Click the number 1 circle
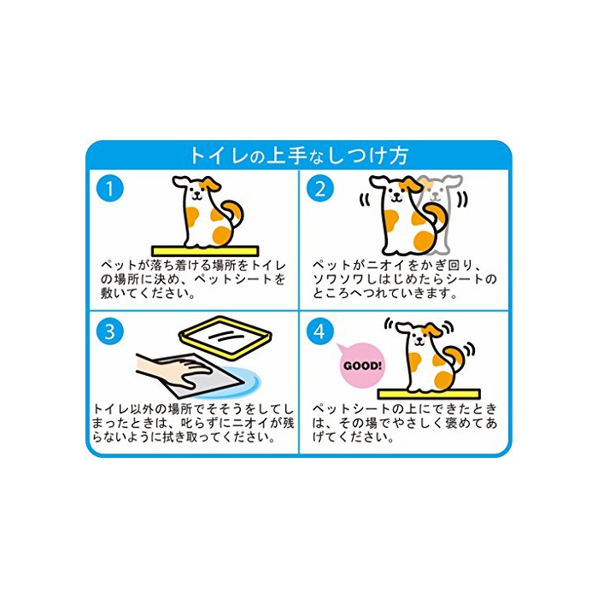pyautogui.click(x=110, y=189)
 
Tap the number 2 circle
pyautogui.click(x=320, y=189)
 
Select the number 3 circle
pyautogui.click(x=110, y=331)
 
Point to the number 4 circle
pyautogui.click(x=320, y=331)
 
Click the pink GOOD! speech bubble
pyautogui.click(x=361, y=366)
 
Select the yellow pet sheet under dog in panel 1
pyautogui.click(x=205, y=251)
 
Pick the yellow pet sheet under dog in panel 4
pyautogui.click(x=429, y=394)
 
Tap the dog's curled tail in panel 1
pyautogui.click(x=232, y=214)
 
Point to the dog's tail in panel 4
pyautogui.click(x=455, y=357)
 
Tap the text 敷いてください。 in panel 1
pyautogui.click(x=149, y=293)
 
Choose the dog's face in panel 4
pyautogui.click(x=419, y=337)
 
